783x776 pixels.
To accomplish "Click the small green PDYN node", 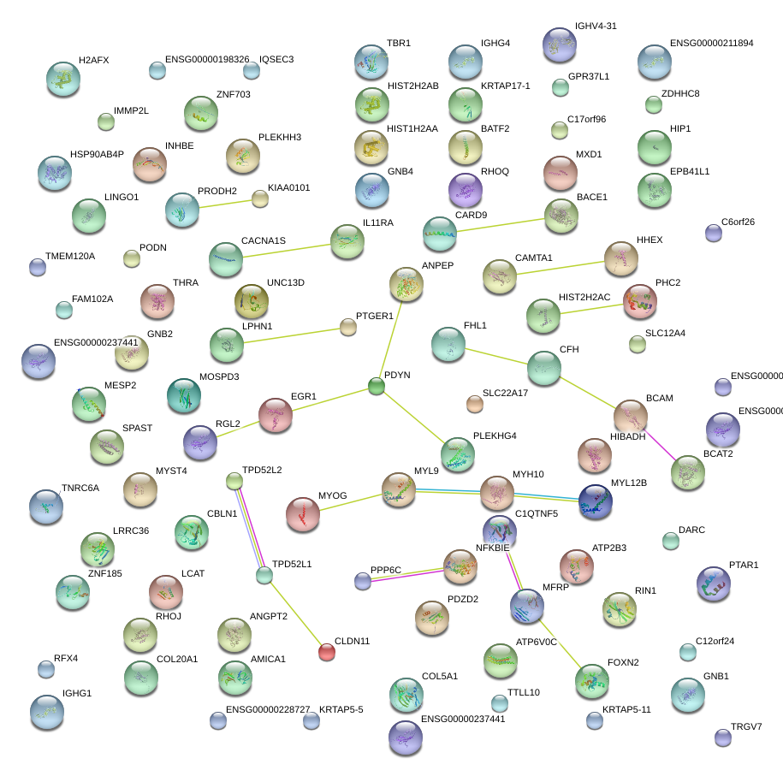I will [x=377, y=387].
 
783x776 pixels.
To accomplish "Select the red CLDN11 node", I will [x=327, y=653].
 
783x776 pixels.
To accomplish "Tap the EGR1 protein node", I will [x=276, y=414].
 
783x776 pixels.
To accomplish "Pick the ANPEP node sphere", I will [x=406, y=283].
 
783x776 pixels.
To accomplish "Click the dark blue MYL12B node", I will [x=596, y=501].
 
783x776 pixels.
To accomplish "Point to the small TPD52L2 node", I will [x=234, y=481].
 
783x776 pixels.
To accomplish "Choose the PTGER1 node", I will [x=347, y=327].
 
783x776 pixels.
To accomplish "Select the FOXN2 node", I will [x=591, y=679].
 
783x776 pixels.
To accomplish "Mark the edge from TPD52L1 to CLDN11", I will [x=296, y=614].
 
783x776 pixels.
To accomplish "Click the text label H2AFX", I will [x=93, y=61].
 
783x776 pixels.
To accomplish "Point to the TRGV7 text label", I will [x=746, y=726].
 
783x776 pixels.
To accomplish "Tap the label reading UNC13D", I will [x=285, y=282].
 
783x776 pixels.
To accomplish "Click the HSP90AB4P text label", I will [x=97, y=155].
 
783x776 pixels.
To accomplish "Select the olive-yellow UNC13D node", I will [x=252, y=300].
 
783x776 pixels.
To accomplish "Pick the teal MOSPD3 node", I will [x=184, y=394].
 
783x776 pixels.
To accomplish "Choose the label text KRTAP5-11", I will [x=626, y=709].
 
